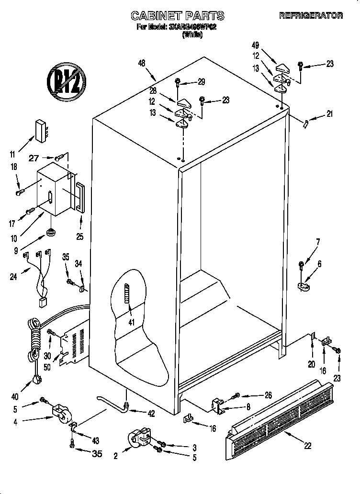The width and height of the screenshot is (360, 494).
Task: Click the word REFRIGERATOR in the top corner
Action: tap(311, 16)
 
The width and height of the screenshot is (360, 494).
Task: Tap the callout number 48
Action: tap(141, 63)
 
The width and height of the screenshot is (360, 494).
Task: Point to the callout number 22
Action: tap(307, 445)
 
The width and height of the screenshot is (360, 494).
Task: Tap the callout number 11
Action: tap(13, 154)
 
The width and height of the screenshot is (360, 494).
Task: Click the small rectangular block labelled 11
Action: tap(42, 129)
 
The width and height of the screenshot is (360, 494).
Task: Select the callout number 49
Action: tap(256, 46)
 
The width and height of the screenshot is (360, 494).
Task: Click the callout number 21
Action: tap(329, 113)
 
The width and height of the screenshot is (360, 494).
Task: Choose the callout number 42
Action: tap(151, 414)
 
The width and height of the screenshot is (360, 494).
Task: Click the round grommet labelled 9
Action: tap(50, 233)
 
